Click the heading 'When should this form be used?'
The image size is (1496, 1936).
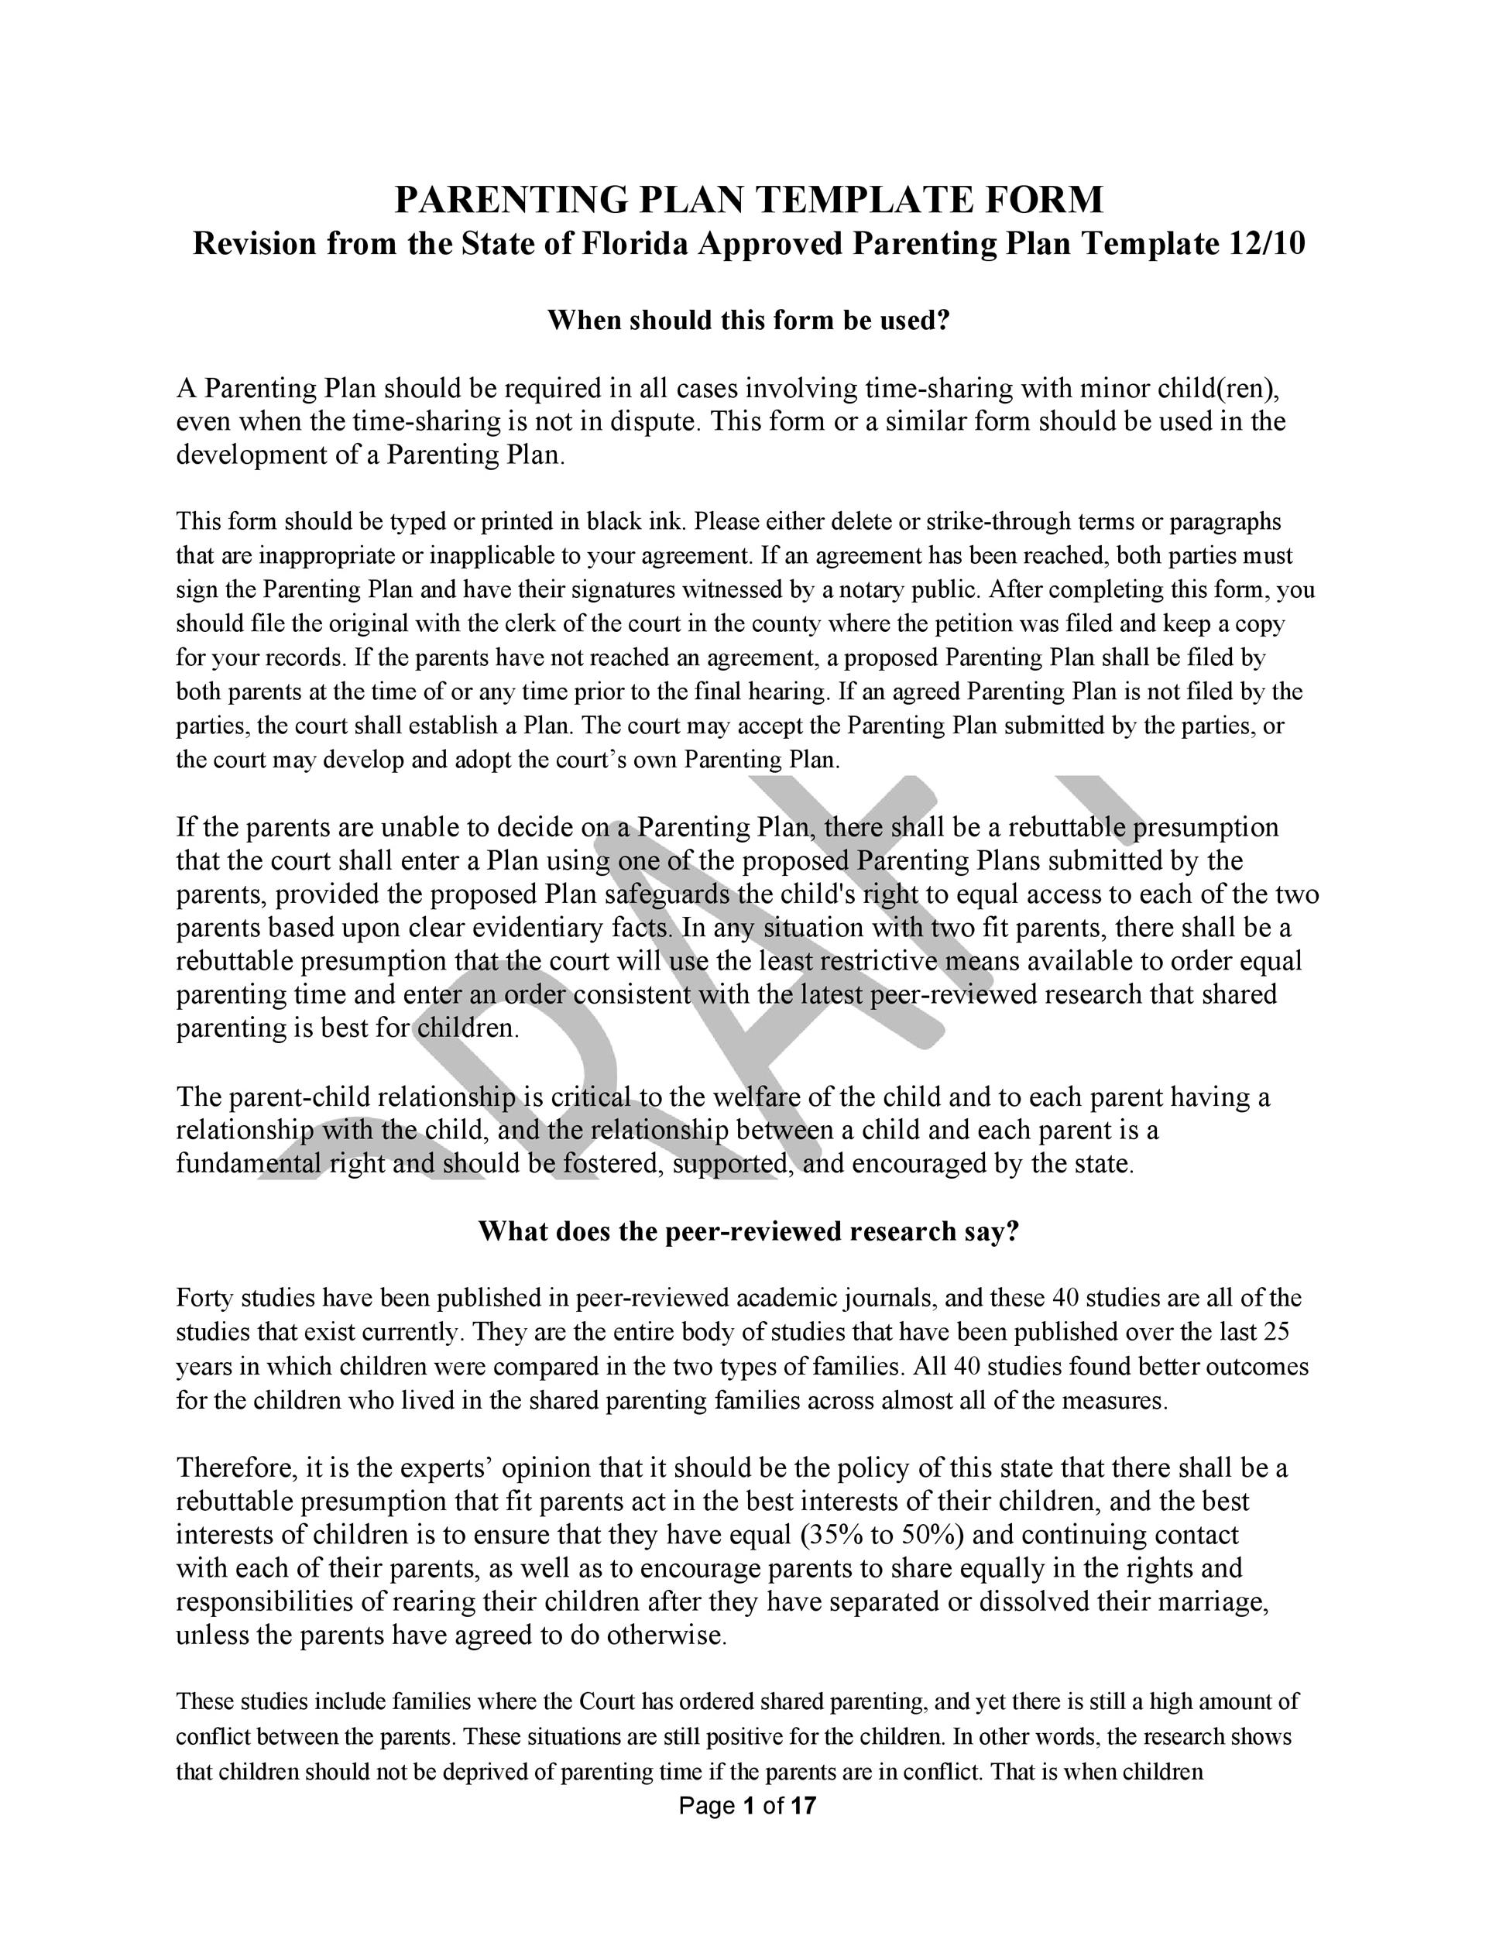(748, 320)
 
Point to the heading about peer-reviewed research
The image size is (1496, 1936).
(748, 1231)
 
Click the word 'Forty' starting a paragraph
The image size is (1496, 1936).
(204, 1299)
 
